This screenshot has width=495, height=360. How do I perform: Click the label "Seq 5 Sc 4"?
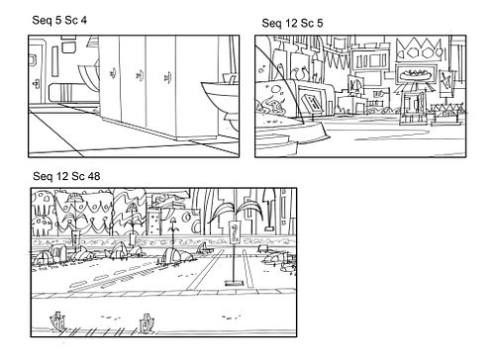tap(59, 20)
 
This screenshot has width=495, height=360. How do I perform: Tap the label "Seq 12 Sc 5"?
tap(292, 23)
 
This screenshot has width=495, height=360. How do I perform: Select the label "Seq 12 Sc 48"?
tap(66, 176)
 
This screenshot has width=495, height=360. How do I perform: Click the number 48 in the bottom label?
tap(94, 176)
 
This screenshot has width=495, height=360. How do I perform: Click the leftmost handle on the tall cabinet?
tap(113, 72)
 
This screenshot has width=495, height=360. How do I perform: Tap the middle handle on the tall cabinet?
tap(139, 75)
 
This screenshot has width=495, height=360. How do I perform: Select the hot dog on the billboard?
tap(416, 75)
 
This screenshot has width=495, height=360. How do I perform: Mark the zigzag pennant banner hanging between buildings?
tap(336, 58)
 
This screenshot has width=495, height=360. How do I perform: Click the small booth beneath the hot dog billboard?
tap(412, 108)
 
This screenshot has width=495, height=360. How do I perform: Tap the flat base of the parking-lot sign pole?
tap(234, 283)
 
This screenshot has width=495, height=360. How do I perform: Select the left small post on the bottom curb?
tap(57, 320)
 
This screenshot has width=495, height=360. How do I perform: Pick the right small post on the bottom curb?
tap(147, 322)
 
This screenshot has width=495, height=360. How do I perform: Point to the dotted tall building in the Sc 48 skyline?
tap(153, 222)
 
